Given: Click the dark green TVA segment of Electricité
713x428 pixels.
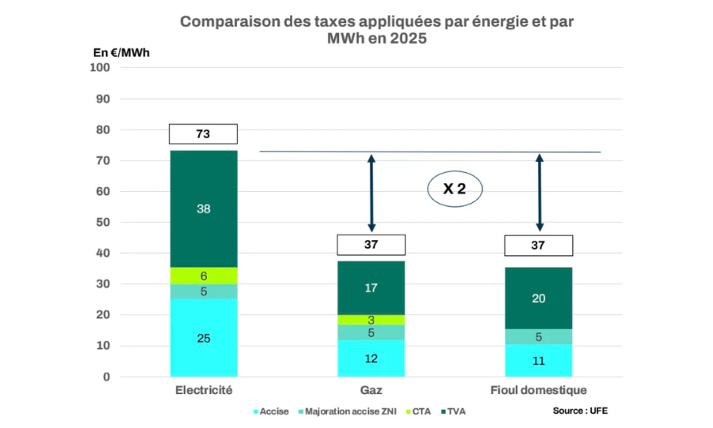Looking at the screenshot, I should pyautogui.click(x=203, y=208).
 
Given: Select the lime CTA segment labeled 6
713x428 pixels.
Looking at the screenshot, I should pyautogui.click(x=203, y=276).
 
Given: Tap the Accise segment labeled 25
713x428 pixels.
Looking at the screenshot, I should pyautogui.click(x=203, y=338).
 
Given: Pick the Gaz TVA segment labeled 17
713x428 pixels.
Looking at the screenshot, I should pyautogui.click(x=371, y=288).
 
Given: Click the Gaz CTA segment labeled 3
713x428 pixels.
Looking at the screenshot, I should pyautogui.click(x=371, y=319).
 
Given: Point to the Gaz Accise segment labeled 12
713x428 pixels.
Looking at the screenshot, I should pyautogui.click(x=371, y=358).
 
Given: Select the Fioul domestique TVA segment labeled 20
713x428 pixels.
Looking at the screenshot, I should pyautogui.click(x=539, y=298).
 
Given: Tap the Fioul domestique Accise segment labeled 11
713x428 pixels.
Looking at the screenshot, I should pyautogui.click(x=539, y=361).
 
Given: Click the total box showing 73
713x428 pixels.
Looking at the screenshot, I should pyautogui.click(x=203, y=134).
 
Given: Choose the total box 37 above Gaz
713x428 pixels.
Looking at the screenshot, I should pyautogui.click(x=371, y=245).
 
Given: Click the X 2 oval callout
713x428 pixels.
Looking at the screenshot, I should pyautogui.click(x=455, y=189).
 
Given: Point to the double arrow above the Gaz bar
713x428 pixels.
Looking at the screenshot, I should pyautogui.click(x=371, y=193).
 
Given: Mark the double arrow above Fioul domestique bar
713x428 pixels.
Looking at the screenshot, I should pyautogui.click(x=540, y=193).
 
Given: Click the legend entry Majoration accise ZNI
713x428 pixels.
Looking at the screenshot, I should pyautogui.click(x=348, y=411).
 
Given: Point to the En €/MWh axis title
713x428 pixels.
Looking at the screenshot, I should pyautogui.click(x=121, y=52).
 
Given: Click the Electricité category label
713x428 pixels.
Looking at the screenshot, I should pyautogui.click(x=203, y=391).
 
